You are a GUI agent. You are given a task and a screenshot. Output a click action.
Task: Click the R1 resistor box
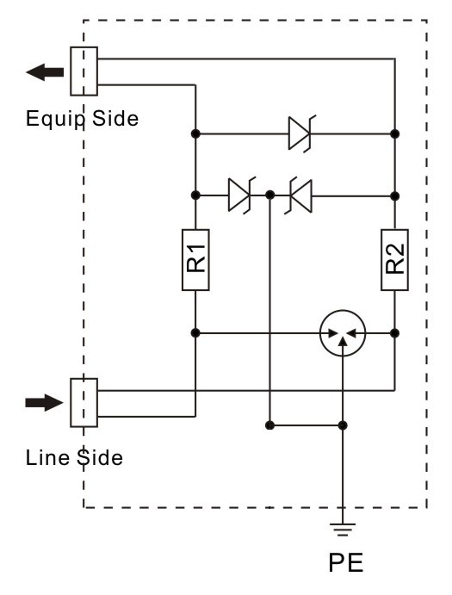195,260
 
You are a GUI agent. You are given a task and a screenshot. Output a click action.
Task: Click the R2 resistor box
394,260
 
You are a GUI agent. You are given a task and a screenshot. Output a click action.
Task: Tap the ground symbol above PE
343,530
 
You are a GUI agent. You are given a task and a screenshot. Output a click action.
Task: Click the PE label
346,563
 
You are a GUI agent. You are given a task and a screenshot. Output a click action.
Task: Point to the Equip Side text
82,118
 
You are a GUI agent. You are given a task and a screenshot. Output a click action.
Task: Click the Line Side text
74,457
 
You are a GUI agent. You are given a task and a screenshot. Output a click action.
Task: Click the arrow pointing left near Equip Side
45,72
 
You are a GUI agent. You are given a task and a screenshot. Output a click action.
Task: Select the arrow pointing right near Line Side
45,403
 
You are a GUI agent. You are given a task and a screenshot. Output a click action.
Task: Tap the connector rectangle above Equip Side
84,71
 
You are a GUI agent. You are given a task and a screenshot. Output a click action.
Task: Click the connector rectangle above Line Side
84,403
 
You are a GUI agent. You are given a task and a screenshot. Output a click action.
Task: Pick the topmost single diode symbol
301,133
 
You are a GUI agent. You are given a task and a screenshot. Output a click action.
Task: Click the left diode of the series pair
241,195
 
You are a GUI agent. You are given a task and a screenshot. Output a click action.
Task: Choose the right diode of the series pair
299,195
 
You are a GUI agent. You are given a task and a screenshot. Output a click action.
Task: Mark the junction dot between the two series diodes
269,195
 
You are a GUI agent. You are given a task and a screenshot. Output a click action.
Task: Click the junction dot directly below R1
195,333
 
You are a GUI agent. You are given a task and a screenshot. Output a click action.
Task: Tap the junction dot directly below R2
394,333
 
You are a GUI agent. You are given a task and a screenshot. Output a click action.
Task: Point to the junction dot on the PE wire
343,425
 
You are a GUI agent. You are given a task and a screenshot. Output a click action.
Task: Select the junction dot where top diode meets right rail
394,133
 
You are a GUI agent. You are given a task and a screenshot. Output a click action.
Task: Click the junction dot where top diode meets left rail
195,133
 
